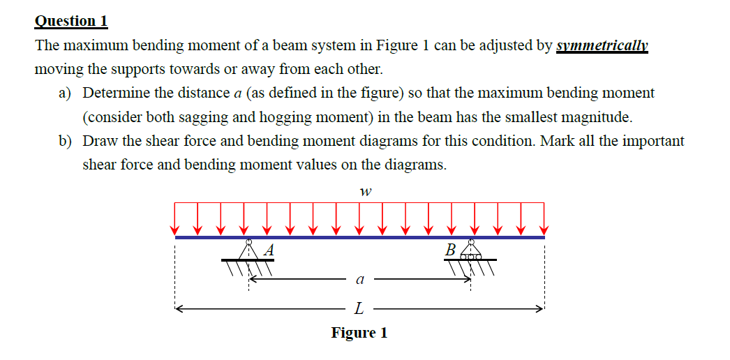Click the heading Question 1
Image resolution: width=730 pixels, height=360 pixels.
click(x=71, y=20)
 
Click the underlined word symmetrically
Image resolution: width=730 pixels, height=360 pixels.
click(x=602, y=46)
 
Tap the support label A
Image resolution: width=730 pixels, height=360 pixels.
click(x=269, y=249)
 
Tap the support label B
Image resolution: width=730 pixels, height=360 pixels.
click(x=452, y=249)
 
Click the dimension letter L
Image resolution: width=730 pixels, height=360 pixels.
click(x=359, y=307)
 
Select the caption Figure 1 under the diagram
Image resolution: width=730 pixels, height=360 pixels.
click(x=359, y=333)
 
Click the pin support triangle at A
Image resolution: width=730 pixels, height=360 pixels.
click(x=248, y=250)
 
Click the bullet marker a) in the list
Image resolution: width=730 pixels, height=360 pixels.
click(x=65, y=93)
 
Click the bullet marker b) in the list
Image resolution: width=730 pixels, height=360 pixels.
click(x=65, y=141)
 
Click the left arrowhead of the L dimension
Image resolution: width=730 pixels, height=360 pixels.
click(x=179, y=307)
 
